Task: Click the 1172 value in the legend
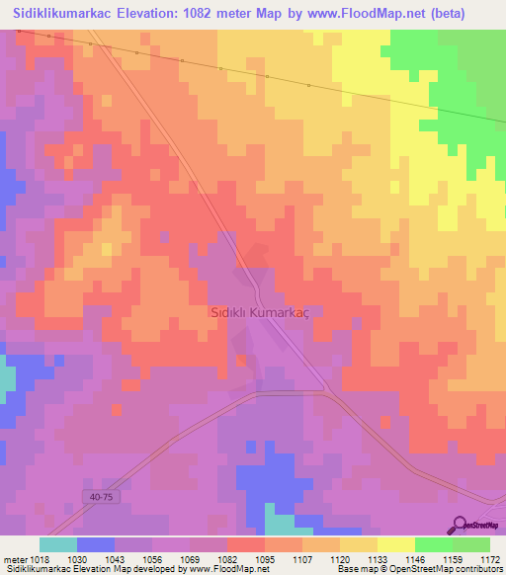(x=489, y=558)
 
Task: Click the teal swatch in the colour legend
(x=58, y=544)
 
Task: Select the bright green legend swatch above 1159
(x=434, y=544)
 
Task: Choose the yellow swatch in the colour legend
(x=396, y=544)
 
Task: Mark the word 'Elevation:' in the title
(x=162, y=13)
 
